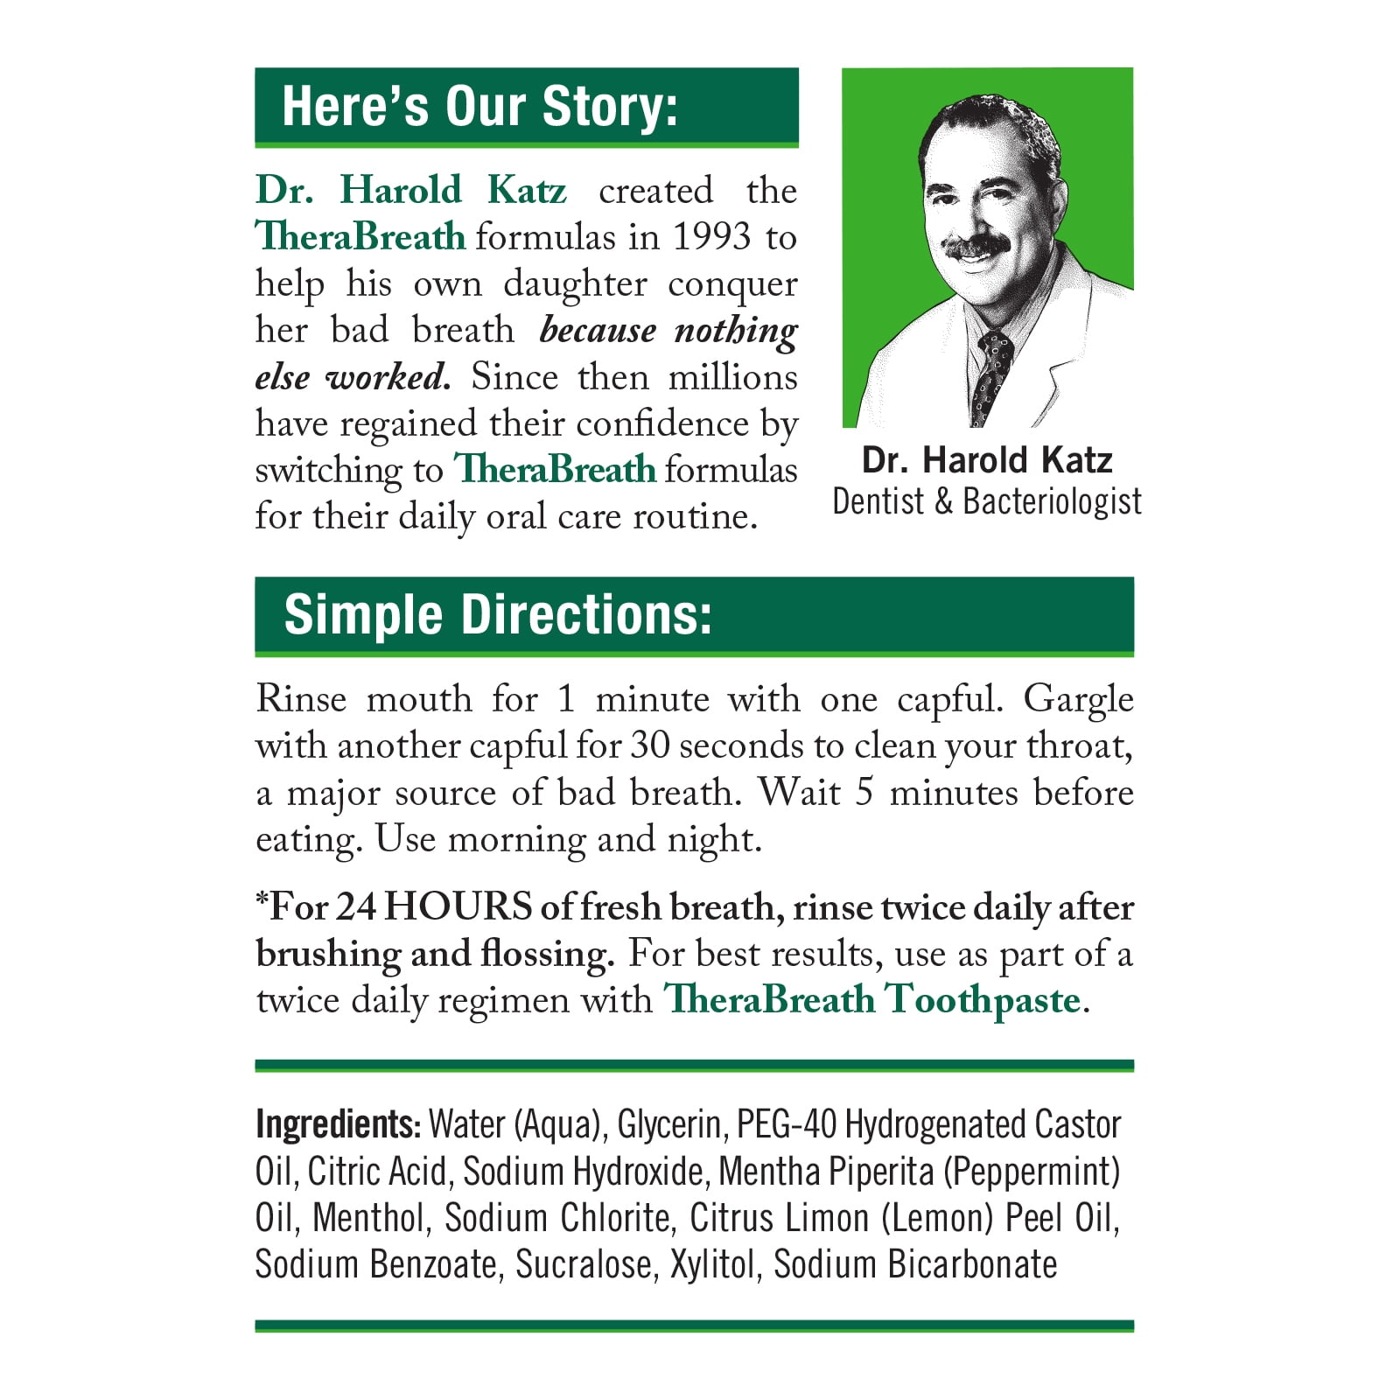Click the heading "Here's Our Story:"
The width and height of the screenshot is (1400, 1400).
point(479,107)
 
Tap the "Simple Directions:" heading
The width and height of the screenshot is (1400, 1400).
point(498,614)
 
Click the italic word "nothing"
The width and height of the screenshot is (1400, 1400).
point(736,331)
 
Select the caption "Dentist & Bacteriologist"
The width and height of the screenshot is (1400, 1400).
point(986,501)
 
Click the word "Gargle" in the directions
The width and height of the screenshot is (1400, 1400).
point(1078,699)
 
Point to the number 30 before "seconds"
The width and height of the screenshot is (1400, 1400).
point(649,745)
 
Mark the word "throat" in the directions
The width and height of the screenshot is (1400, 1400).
point(1078,745)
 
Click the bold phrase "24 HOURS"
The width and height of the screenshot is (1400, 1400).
point(433,907)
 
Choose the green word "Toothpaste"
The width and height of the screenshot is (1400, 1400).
point(983,1000)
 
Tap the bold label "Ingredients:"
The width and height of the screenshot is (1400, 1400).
point(338,1124)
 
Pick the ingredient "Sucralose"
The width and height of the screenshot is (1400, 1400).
point(585,1264)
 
